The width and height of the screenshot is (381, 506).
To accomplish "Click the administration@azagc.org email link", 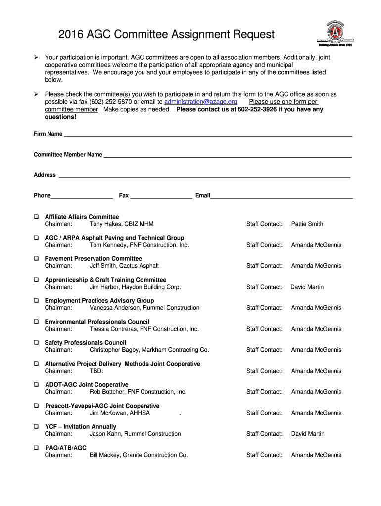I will (x=197, y=102).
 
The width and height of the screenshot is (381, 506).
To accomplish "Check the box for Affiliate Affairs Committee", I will (x=36, y=217).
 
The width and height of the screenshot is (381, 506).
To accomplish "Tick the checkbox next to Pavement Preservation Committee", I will (x=36, y=259).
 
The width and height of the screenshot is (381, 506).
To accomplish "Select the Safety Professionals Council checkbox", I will (x=36, y=343).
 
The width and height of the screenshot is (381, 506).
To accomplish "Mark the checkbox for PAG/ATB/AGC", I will (x=36, y=448).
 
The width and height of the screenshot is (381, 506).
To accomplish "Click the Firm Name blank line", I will (x=208, y=134).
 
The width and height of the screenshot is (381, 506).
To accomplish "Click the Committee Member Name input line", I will (x=228, y=155).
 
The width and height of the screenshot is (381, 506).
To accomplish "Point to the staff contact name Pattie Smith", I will (x=307, y=224).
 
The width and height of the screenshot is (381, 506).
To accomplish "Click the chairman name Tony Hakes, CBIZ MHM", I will (x=121, y=224).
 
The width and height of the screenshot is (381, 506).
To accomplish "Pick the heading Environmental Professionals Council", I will (x=97, y=322).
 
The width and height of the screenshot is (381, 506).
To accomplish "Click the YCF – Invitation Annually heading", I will (x=81, y=427).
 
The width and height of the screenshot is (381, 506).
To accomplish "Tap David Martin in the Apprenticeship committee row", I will (x=307, y=287).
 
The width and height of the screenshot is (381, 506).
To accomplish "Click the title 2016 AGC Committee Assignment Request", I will (x=166, y=34).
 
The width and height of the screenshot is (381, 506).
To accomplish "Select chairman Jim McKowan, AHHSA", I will (x=119, y=413).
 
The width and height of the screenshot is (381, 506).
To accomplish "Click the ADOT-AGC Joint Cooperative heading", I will (x=87, y=385).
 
